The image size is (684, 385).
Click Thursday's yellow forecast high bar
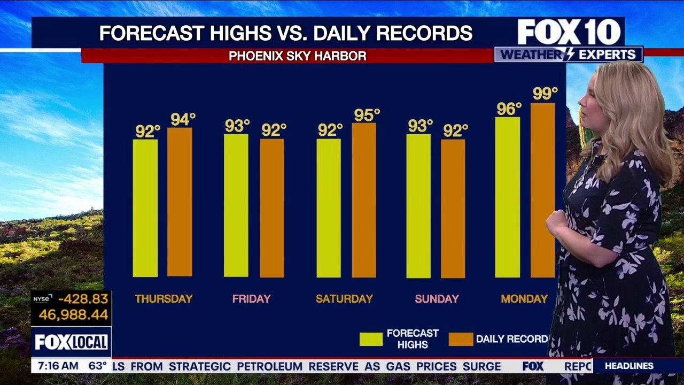[145, 208]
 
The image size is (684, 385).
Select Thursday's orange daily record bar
[180, 202]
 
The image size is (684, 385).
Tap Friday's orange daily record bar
[272, 208]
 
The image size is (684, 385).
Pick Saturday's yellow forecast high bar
[329, 208]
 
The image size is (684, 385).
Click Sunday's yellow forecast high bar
[418, 206]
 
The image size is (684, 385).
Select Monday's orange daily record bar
[543, 190]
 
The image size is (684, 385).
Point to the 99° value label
[545, 94]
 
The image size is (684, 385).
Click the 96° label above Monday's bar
[509, 109]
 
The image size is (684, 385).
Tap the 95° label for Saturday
[367, 115]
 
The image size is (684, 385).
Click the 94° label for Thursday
[183, 120]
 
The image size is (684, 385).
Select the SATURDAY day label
[344, 299]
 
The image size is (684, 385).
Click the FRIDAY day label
[252, 299]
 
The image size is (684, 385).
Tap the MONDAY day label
[524, 299]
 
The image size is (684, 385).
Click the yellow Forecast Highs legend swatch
[371, 339]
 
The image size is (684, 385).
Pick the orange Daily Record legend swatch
[461, 339]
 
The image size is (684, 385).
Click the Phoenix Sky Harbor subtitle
[298, 56]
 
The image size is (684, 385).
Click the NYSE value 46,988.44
[74, 315]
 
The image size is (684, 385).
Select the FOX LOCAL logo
[71, 342]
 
